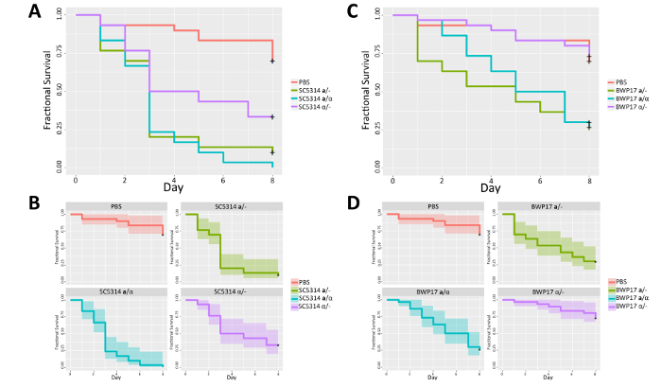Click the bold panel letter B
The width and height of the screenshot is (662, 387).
[x=34, y=201]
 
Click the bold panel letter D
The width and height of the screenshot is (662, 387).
[x=352, y=201]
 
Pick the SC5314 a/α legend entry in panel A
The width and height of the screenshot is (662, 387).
[x=320, y=99]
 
